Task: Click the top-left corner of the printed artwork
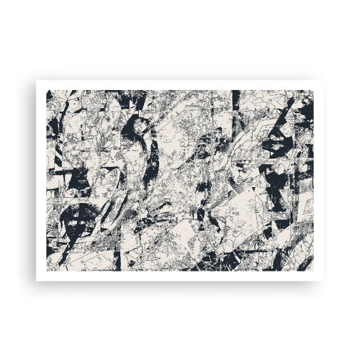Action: (x=49, y=91)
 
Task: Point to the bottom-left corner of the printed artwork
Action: (x=49, y=271)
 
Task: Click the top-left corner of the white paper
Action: (x=36, y=79)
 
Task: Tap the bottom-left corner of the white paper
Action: (x=36, y=281)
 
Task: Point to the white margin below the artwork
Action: (x=180, y=276)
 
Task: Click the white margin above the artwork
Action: (x=180, y=85)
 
